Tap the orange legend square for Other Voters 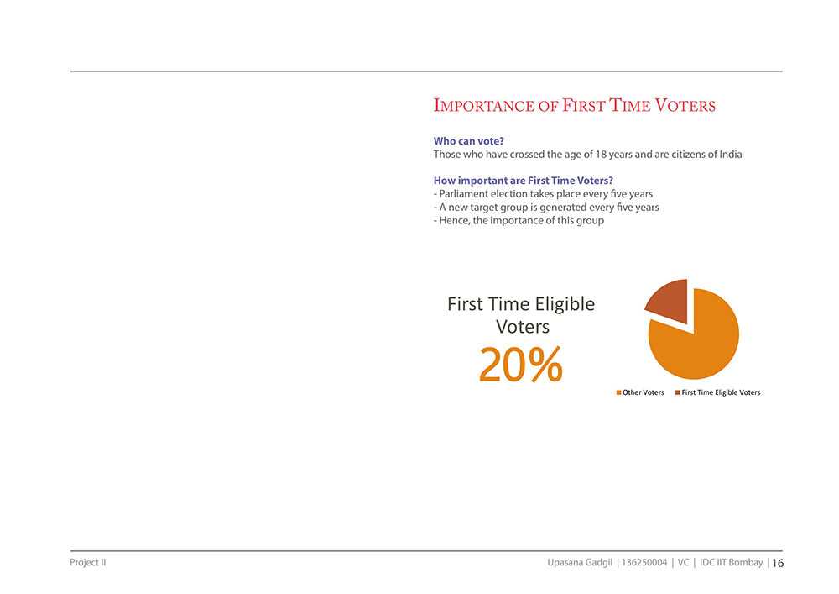point(618,392)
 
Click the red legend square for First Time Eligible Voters point(677,392)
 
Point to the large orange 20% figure point(521,365)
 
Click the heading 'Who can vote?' point(469,141)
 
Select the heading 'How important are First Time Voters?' point(524,181)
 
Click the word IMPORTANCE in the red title point(484,106)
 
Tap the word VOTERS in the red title point(685,106)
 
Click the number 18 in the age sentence point(601,155)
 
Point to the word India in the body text point(731,155)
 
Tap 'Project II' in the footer point(88,562)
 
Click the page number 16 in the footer point(778,563)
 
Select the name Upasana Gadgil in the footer point(580,562)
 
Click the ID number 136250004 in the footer point(644,562)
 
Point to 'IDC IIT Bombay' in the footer point(732,562)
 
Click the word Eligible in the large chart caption point(565,304)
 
